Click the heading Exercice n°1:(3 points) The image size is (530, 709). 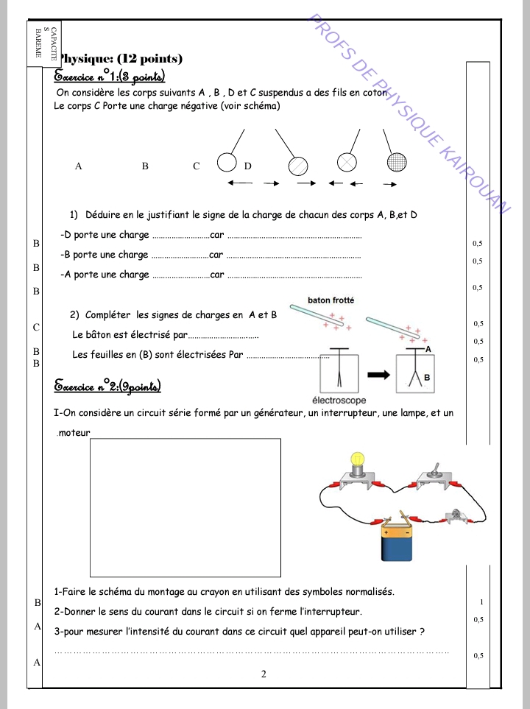click(110, 77)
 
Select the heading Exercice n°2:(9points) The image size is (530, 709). click(108, 387)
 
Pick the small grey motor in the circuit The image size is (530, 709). click(456, 515)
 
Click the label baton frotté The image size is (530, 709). click(331, 300)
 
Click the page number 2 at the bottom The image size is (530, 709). click(263, 674)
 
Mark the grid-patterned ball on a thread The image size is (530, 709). click(397, 162)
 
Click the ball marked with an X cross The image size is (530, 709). click(347, 163)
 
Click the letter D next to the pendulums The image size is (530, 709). click(247, 166)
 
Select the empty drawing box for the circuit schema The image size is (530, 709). click(185, 508)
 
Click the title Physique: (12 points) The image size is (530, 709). click(120, 59)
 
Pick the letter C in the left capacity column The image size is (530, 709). click(36, 325)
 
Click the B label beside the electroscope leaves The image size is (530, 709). click(426, 377)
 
